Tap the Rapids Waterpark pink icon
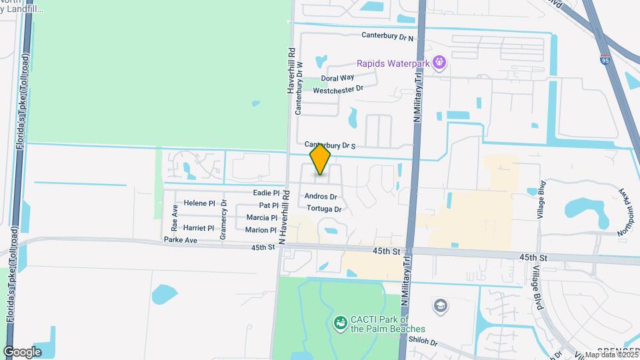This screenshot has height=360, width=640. click(439, 63)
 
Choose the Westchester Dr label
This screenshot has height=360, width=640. click(338, 89)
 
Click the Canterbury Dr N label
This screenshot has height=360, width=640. click(387, 37)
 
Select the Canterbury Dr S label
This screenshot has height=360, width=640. click(331, 145)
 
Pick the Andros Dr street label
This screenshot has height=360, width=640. click(321, 197)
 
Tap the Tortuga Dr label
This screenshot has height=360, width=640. click(323, 209)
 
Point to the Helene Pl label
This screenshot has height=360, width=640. click(199, 203)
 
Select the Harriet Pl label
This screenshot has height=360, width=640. click(199, 228)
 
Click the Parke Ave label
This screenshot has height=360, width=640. click(181, 239)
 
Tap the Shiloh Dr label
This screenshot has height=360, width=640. click(424, 343)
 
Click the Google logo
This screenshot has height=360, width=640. click(22, 351)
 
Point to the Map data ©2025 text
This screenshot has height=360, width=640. click(611, 355)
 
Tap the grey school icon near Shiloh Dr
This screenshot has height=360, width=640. click(441, 306)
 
